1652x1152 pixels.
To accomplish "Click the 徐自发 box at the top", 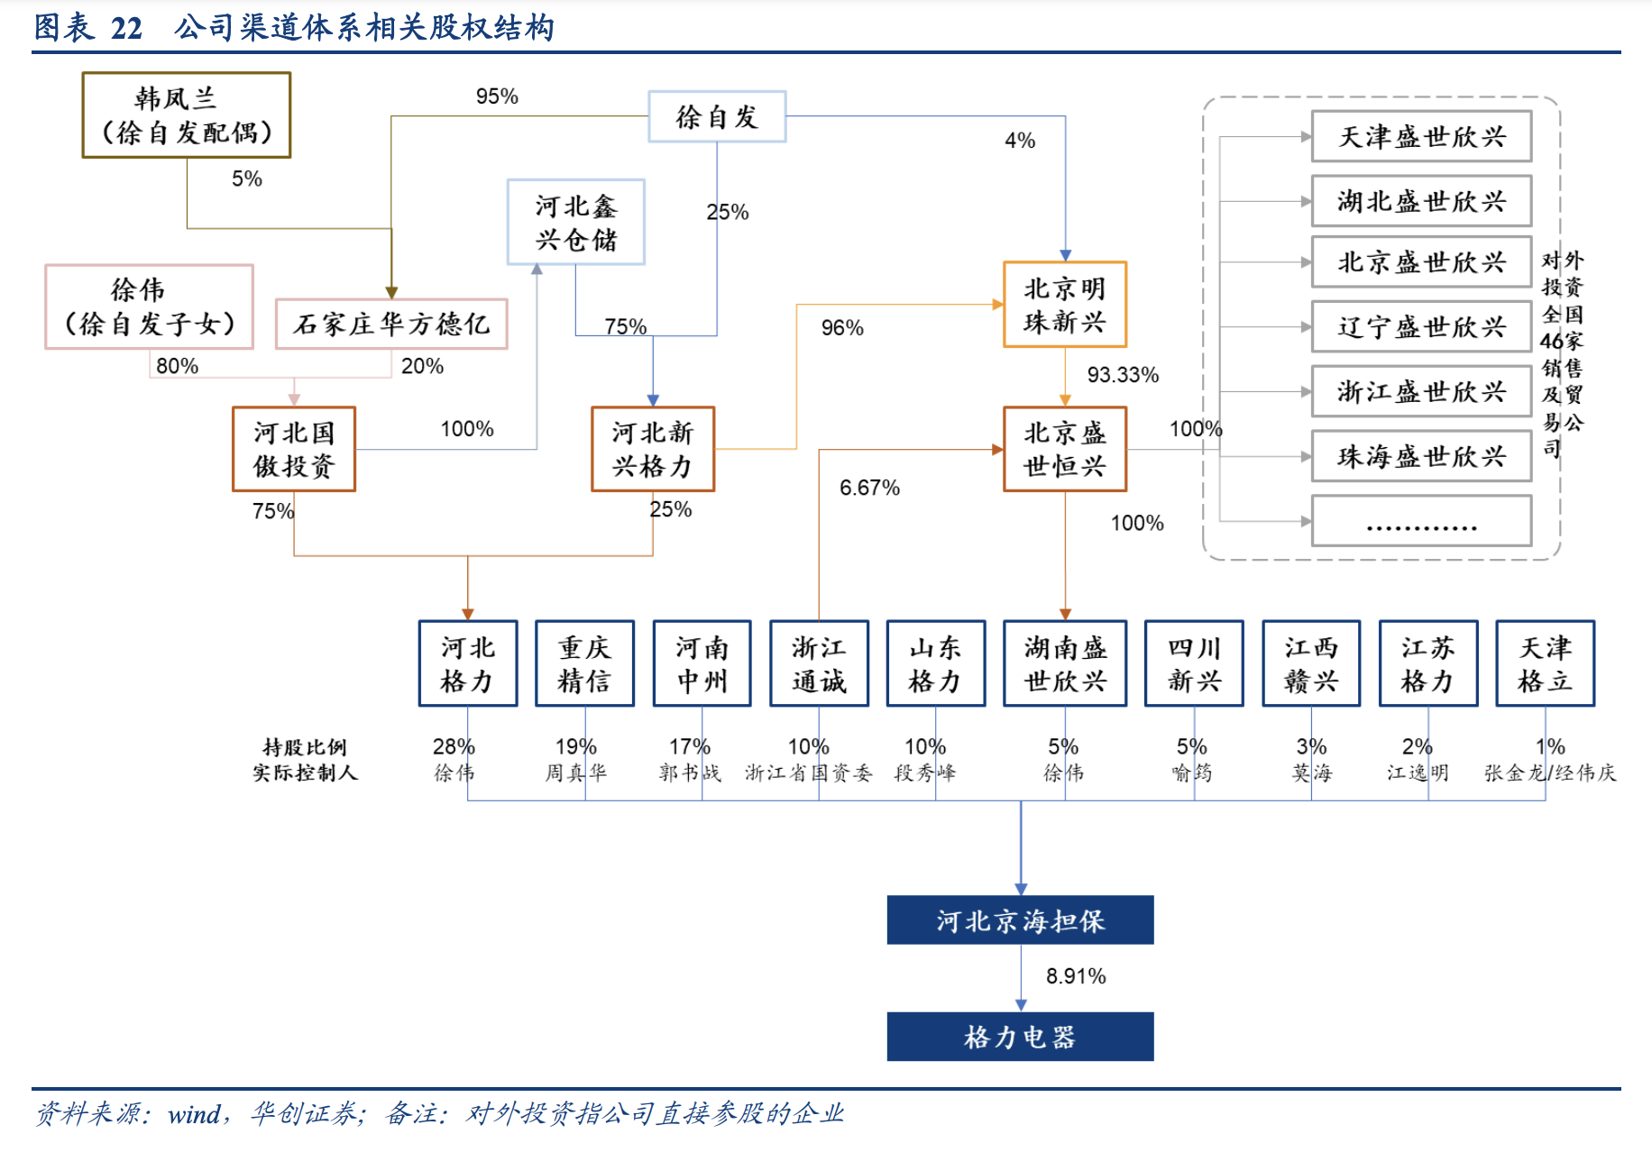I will tap(717, 116).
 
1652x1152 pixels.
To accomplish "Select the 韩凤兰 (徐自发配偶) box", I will tap(186, 115).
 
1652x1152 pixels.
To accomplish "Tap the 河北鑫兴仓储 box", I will tap(575, 222).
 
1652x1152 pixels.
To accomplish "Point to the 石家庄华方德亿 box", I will tap(391, 324).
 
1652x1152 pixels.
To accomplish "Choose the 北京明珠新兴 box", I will tap(1065, 305).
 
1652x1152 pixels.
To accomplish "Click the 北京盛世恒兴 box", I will tap(1065, 449).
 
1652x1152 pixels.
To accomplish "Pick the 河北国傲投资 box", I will tap(294, 449).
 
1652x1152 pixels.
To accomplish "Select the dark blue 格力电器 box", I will tap(1020, 1037).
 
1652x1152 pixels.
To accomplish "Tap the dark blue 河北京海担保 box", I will tap(1020, 920).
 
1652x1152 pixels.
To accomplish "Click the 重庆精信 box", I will tap(584, 663).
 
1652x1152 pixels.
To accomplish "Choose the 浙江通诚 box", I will tap(819, 663).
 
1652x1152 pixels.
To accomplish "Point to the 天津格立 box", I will tap(1545, 663).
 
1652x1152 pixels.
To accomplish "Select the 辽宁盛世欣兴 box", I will tap(1421, 326).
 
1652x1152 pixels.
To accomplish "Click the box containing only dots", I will tap(1421, 521).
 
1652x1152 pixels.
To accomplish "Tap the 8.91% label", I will tap(1076, 976).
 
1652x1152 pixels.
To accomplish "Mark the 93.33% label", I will tap(1123, 375).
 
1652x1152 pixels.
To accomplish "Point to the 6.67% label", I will tap(869, 488).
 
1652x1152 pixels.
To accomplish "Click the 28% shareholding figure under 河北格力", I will tap(453, 746).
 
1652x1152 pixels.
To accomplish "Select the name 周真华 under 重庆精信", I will tap(575, 773).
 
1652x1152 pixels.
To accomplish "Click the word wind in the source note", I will tap(194, 1115).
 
